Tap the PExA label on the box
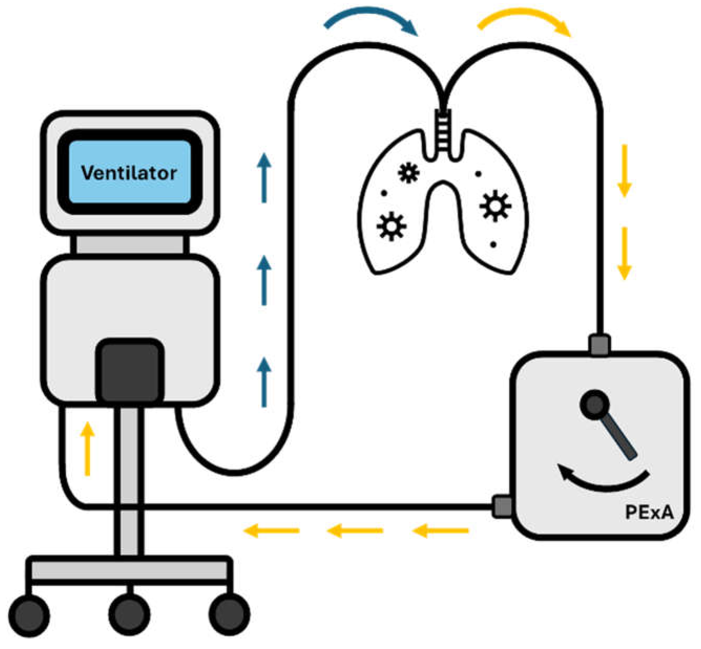coord(649,512)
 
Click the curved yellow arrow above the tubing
coord(524,20)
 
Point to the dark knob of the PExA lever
coord(595,404)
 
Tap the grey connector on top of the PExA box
coord(600,345)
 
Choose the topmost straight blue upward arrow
coord(264,178)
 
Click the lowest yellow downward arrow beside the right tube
coord(624,253)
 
